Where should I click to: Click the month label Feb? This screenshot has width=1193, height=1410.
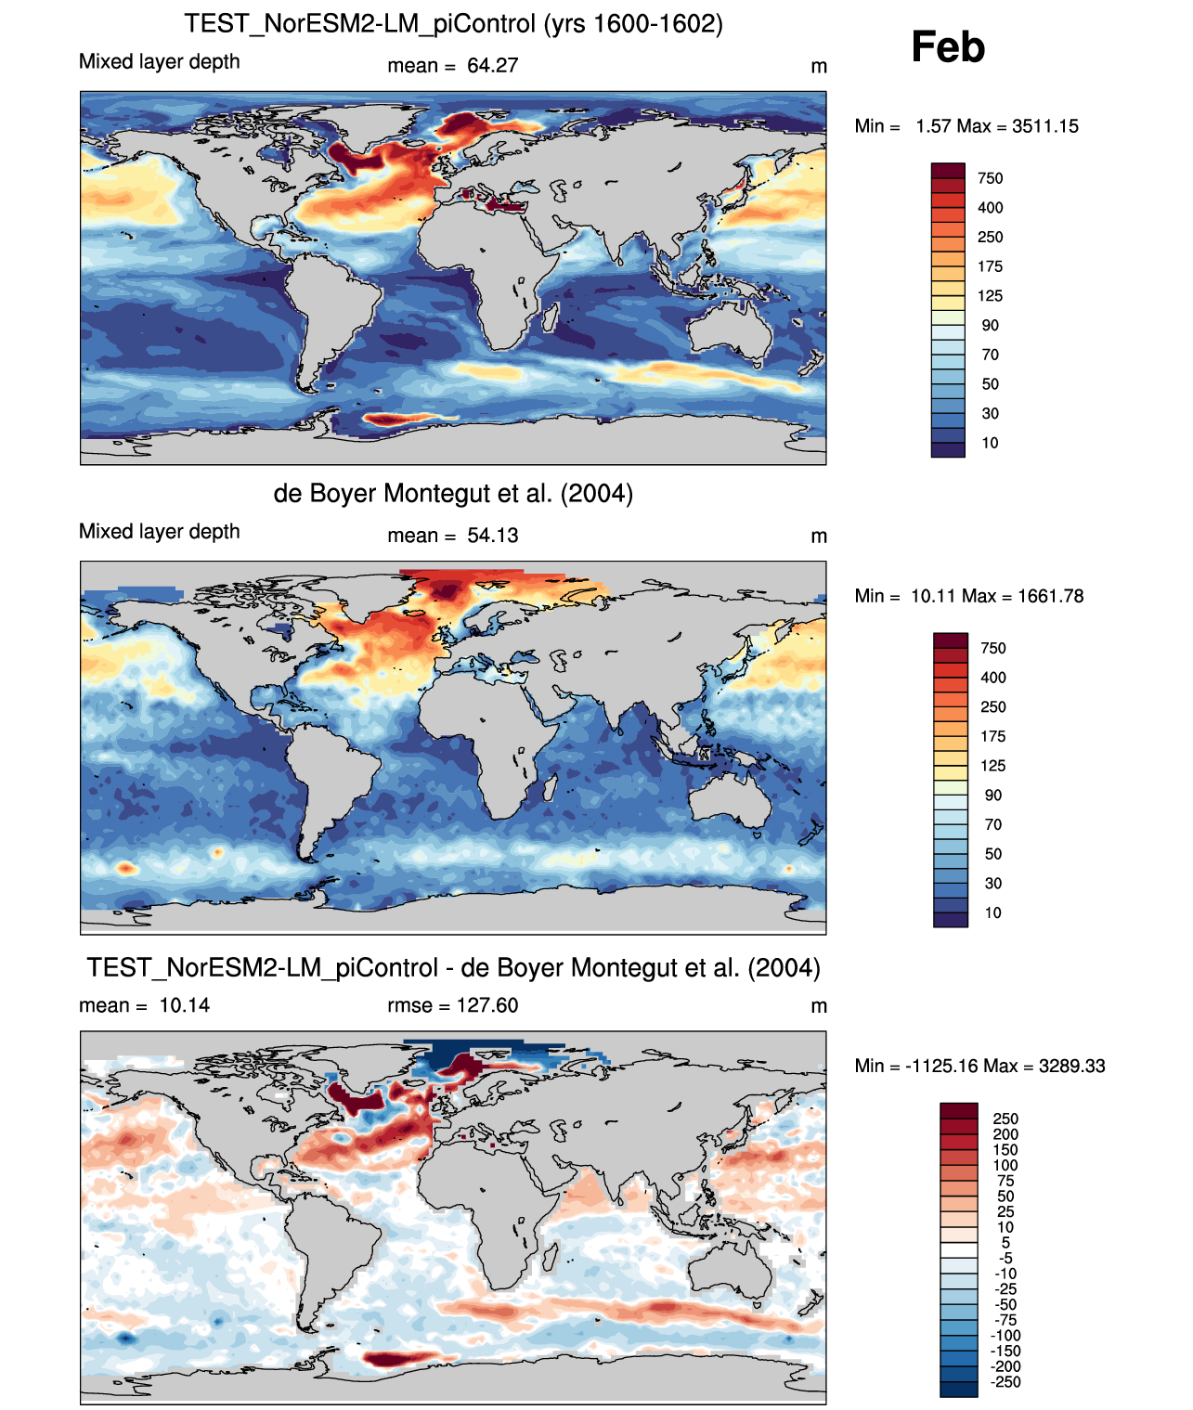click(x=947, y=46)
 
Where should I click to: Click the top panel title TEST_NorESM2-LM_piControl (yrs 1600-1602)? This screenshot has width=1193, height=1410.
click(x=453, y=23)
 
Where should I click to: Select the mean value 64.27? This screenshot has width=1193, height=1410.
click(x=493, y=66)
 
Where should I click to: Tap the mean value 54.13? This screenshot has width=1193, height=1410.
click(x=493, y=536)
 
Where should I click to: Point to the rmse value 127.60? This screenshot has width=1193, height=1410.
click(x=487, y=1005)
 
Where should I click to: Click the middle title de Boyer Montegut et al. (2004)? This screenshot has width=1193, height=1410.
click(x=453, y=493)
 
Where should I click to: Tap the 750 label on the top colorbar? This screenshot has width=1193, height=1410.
click(x=990, y=178)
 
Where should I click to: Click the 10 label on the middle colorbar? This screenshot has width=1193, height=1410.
click(x=992, y=912)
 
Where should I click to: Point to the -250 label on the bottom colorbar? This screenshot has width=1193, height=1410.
click(x=1005, y=1382)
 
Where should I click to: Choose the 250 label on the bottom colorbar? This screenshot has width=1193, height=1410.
click(x=1005, y=1119)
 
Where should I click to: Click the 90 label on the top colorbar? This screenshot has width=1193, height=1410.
click(x=990, y=325)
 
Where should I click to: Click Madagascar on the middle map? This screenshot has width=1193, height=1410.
click(x=549, y=786)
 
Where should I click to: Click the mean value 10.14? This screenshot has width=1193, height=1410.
click(x=184, y=1005)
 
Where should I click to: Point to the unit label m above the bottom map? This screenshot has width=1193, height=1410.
click(x=818, y=1006)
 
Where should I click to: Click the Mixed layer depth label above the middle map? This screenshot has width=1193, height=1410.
click(x=159, y=532)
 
